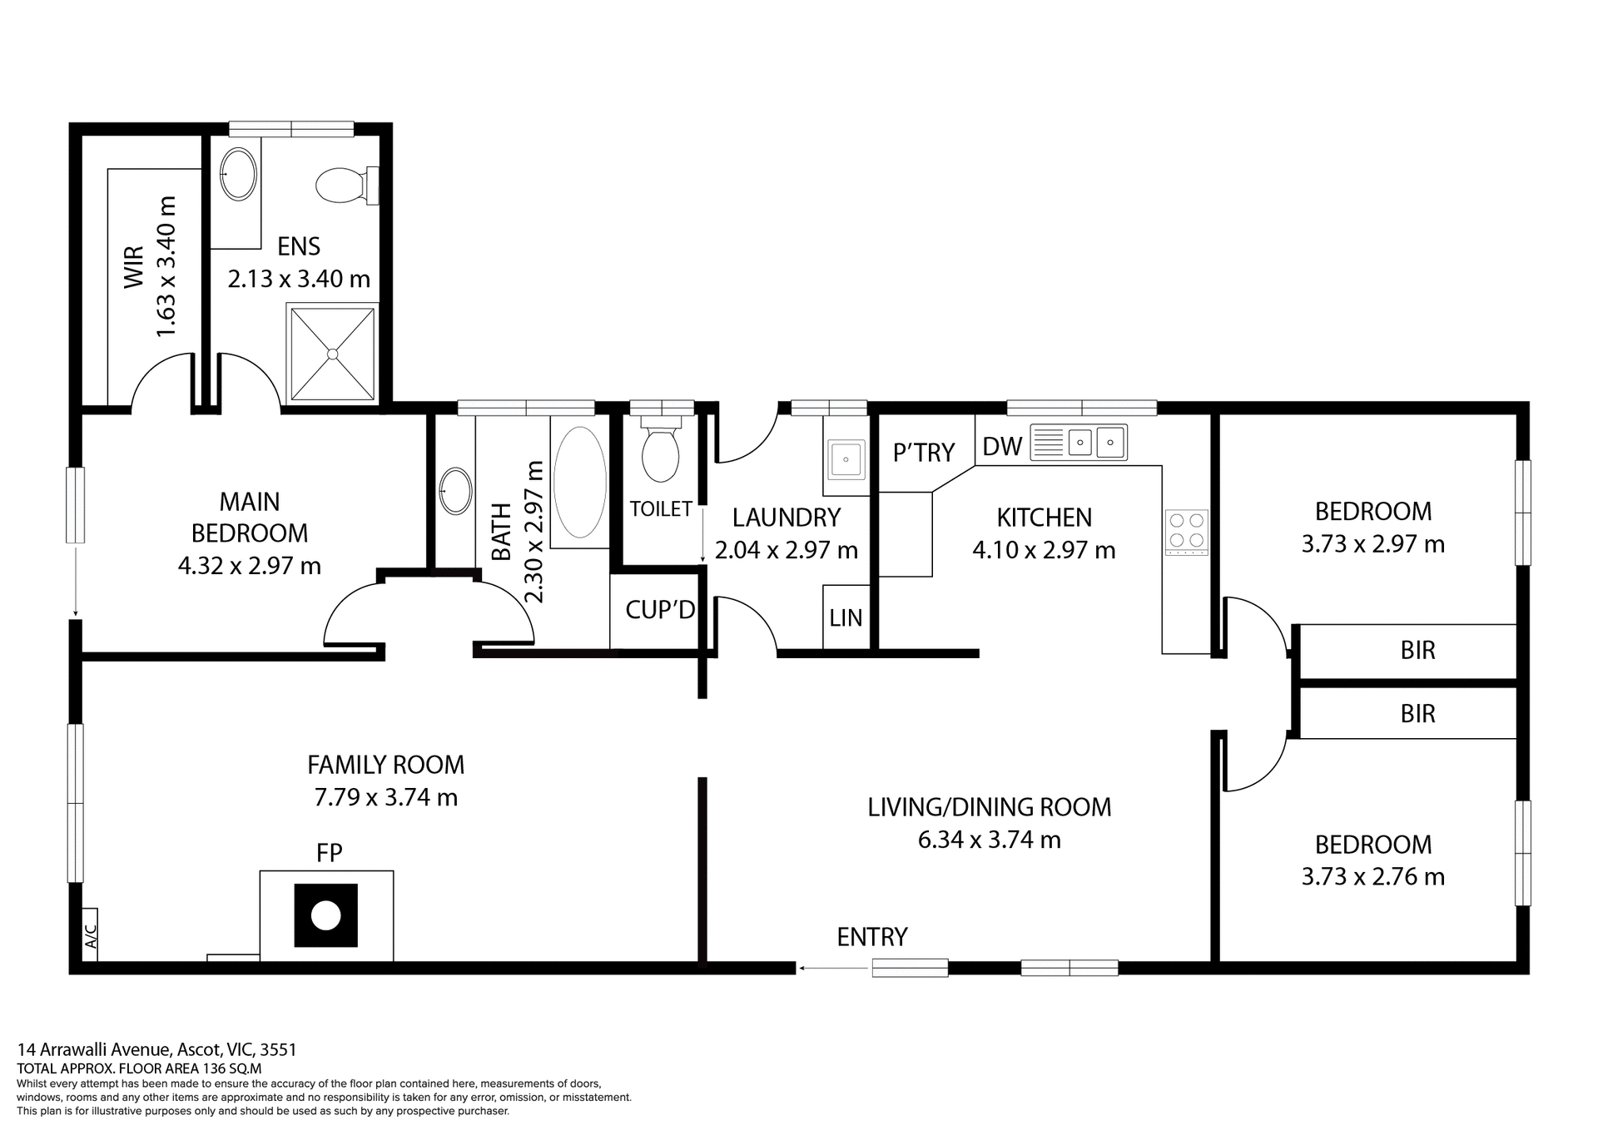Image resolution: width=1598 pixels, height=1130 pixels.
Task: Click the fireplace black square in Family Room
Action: pos(325,915)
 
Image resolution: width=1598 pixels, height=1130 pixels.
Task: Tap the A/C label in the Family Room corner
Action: pos(91,936)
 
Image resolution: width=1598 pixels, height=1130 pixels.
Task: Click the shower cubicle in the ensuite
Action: pos(332,354)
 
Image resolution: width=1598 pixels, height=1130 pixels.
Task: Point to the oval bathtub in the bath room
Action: pos(580,483)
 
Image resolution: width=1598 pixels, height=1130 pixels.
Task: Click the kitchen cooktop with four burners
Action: pos(1186,531)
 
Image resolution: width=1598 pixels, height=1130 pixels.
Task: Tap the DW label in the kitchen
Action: pos(1001,447)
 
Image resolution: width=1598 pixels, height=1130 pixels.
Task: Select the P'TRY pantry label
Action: pos(923,453)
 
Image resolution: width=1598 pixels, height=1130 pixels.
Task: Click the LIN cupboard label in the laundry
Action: pos(846,618)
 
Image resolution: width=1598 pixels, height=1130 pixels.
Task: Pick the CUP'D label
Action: pos(659,610)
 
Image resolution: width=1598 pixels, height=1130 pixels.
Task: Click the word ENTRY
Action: pos(871,937)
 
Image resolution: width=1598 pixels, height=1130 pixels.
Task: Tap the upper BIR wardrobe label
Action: pos(1417,650)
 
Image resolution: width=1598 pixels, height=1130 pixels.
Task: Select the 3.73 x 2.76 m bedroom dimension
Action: pos(1372,876)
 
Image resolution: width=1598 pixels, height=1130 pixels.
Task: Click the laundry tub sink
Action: pos(846,458)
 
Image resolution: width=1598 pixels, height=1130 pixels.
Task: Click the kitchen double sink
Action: pos(1094,442)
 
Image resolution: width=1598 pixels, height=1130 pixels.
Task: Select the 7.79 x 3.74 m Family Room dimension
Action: pos(385,797)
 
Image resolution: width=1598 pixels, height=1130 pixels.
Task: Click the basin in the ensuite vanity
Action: pos(238,174)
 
